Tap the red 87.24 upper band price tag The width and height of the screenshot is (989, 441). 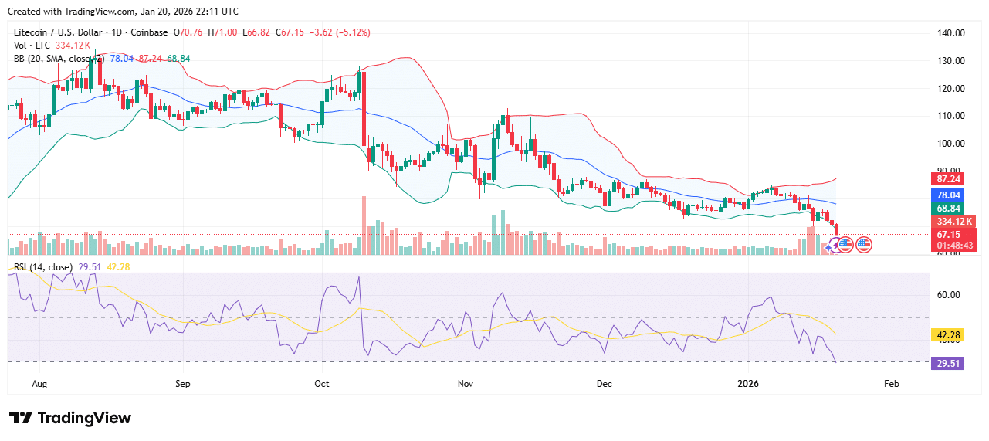(949, 178)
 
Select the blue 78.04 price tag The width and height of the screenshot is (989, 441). (949, 195)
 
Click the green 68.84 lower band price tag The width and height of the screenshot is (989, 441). (949, 209)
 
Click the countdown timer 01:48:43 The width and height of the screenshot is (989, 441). (953, 246)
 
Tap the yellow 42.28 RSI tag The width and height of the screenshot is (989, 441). (949, 335)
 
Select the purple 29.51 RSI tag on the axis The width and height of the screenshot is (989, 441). (949, 362)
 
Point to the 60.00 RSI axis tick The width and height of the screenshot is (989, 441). (949, 295)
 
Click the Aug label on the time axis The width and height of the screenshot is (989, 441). (41, 383)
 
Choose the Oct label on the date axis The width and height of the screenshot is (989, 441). (323, 383)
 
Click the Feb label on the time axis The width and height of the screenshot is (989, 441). (891, 383)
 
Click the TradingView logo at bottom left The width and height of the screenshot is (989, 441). (70, 418)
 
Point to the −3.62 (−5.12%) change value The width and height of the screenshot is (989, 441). (339, 32)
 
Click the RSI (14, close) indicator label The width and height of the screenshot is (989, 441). (43, 267)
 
